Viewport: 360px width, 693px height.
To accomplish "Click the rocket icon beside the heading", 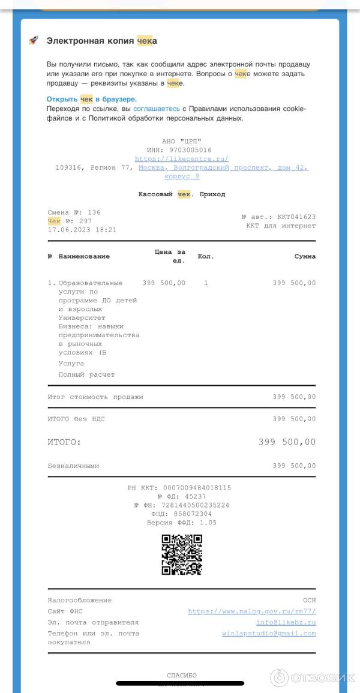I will click(x=34, y=40).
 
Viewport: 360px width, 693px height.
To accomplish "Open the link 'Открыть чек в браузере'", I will click(x=91, y=99).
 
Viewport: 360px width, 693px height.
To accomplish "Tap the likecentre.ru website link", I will click(x=181, y=159).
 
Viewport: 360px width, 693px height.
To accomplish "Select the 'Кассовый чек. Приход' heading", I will click(x=181, y=194).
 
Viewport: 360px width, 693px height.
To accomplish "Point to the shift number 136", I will click(x=94, y=212).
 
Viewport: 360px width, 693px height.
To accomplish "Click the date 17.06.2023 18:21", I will click(x=82, y=230).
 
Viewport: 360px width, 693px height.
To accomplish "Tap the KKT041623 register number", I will click(x=296, y=217).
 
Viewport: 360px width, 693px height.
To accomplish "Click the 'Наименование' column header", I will click(x=84, y=256).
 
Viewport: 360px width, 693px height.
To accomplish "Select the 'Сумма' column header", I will click(x=305, y=256).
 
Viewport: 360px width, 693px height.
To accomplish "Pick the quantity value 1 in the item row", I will click(x=206, y=283).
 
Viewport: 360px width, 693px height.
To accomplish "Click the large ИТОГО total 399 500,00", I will click(x=287, y=442).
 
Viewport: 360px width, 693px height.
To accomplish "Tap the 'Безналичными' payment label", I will click(x=73, y=466).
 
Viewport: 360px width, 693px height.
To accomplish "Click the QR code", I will click(x=182, y=554).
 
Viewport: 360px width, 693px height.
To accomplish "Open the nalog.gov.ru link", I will click(x=251, y=611).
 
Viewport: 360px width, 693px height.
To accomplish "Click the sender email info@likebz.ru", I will click(x=286, y=622).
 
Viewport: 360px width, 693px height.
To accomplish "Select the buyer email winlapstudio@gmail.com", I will click(x=268, y=634).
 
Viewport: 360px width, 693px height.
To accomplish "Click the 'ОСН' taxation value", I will click(x=309, y=600).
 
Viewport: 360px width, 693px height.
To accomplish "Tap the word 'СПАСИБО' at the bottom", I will click(x=181, y=676).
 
